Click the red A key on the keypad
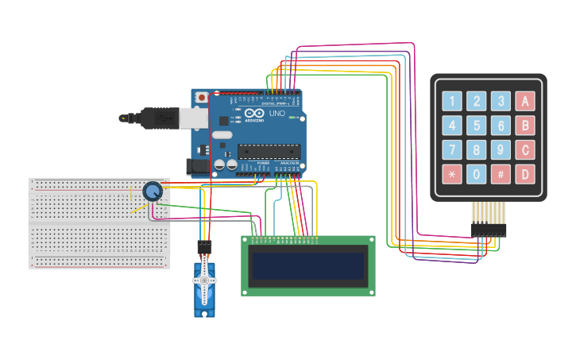click(x=524, y=101)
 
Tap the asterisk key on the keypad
click(x=452, y=174)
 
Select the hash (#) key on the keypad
click(x=501, y=174)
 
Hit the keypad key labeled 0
click(x=476, y=174)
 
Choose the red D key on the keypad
click(x=524, y=174)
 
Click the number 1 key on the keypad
click(x=452, y=101)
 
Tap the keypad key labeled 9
click(x=501, y=149)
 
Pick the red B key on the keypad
click(x=524, y=126)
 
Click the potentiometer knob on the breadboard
click(x=153, y=191)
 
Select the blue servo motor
click(x=204, y=286)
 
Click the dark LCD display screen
click(x=308, y=266)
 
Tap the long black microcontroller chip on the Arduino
click(x=269, y=151)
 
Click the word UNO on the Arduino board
click(x=276, y=114)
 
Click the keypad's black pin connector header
click(x=489, y=230)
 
